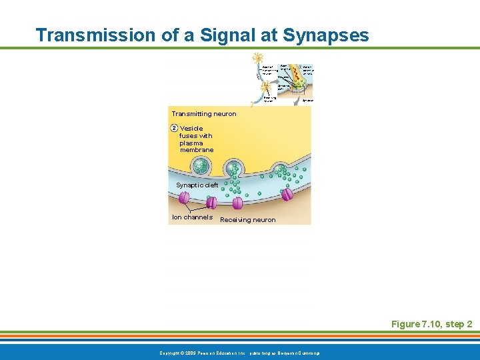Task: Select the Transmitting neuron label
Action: coord(203,114)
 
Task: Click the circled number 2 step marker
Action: coord(174,128)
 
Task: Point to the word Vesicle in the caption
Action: coord(191,129)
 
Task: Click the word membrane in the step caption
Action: coord(197,150)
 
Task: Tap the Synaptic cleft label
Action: coord(197,185)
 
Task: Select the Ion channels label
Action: coord(192,217)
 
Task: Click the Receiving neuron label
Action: coord(247,220)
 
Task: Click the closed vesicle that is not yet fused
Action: coord(201,163)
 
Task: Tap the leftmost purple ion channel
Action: coord(184,198)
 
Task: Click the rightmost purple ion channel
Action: coord(287,195)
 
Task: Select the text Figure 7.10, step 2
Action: coord(431,324)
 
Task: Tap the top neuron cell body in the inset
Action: coord(257,59)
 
